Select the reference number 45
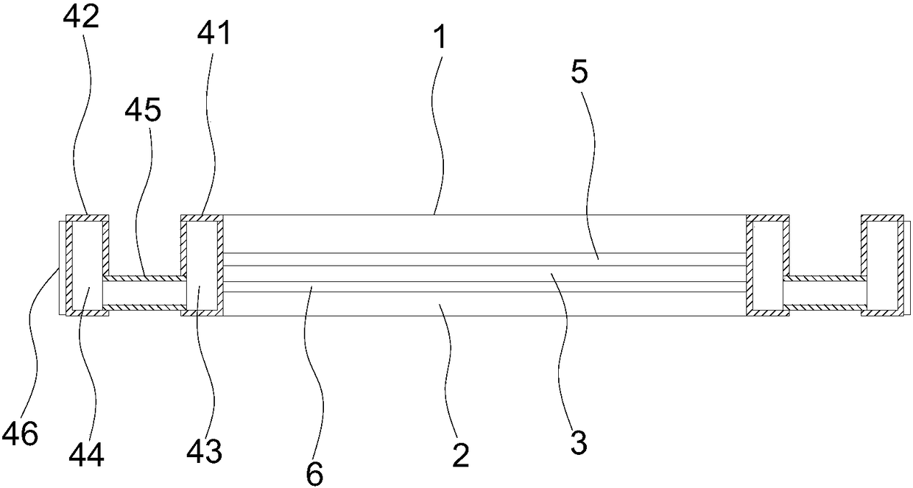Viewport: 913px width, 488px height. [142, 111]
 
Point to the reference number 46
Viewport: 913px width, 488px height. [20, 434]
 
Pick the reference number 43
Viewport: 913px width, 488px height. [204, 450]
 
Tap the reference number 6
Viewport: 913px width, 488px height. [314, 474]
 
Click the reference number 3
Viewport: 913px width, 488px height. [578, 443]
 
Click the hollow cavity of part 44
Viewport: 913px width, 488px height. [85, 265]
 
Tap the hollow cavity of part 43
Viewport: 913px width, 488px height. [201, 265]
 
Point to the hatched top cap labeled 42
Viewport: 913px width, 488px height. [88, 217]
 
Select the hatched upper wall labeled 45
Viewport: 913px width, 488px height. [144, 278]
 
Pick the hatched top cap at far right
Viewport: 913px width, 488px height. [883, 217]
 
